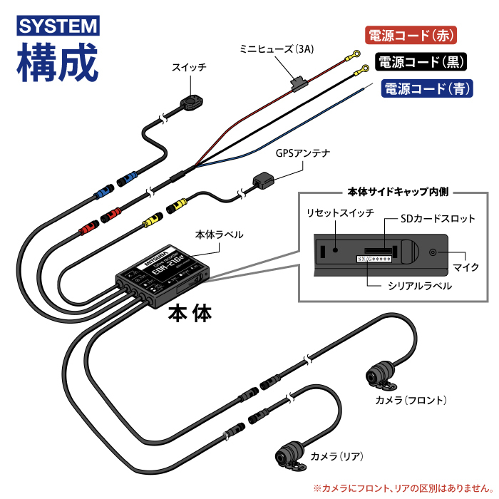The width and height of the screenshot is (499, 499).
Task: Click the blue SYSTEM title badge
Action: (58, 26)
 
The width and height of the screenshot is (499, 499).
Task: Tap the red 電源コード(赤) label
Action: (409, 35)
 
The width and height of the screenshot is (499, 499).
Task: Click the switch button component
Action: (190, 103)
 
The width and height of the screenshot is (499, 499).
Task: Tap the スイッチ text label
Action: (189, 68)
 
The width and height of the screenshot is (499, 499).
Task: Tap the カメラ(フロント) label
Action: (411, 399)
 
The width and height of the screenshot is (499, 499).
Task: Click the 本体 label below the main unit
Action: (190, 314)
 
